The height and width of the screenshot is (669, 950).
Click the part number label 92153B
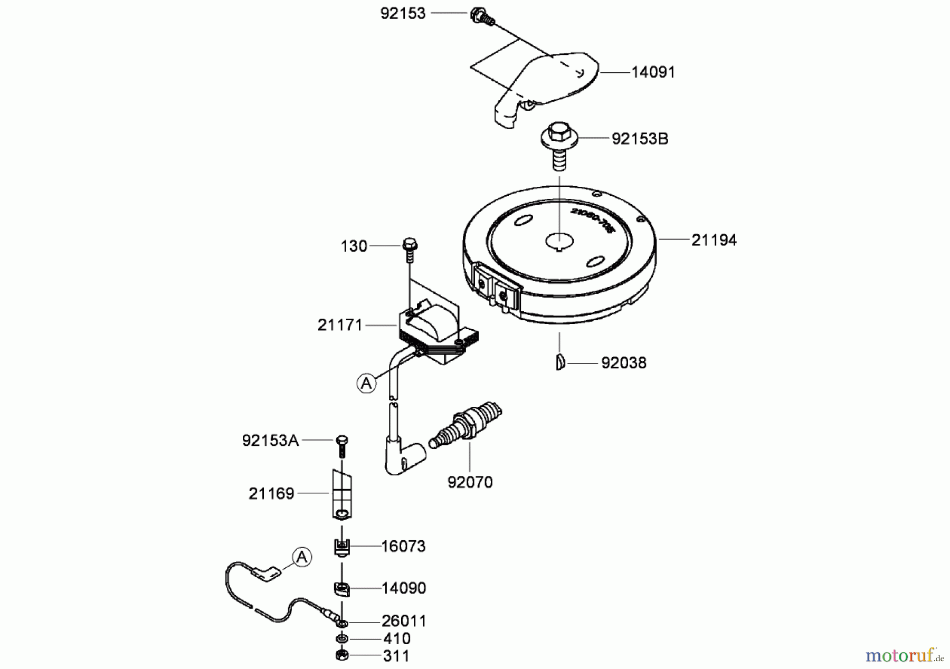[x=640, y=139]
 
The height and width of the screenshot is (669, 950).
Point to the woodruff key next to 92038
[x=560, y=363]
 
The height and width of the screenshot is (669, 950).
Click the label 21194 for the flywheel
[x=714, y=240]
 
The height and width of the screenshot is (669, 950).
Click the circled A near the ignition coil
[x=366, y=383]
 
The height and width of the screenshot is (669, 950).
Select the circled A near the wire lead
[x=302, y=557]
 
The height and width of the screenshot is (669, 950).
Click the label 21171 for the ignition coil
[x=340, y=326]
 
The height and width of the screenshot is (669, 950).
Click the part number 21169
[x=271, y=494]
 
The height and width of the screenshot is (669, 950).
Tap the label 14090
[x=404, y=588]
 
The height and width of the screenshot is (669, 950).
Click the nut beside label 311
[x=342, y=656]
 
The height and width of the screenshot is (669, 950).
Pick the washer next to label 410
[x=342, y=639]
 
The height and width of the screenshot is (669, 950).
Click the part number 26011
[x=404, y=621]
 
